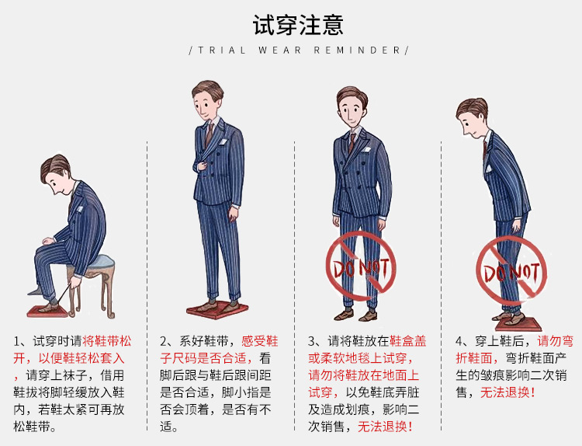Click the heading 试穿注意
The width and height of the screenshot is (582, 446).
tap(298, 25)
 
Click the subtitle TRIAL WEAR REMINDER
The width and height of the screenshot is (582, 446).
tap(298, 50)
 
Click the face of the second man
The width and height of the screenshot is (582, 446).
tap(208, 103)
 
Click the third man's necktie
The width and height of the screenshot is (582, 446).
tap(352, 143)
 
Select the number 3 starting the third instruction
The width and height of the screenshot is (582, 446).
tap(313, 342)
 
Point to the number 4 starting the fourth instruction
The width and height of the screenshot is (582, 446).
tap(460, 342)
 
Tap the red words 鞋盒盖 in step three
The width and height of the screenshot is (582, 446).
tap(408, 342)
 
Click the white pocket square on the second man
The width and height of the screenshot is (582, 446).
tap(224, 141)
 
